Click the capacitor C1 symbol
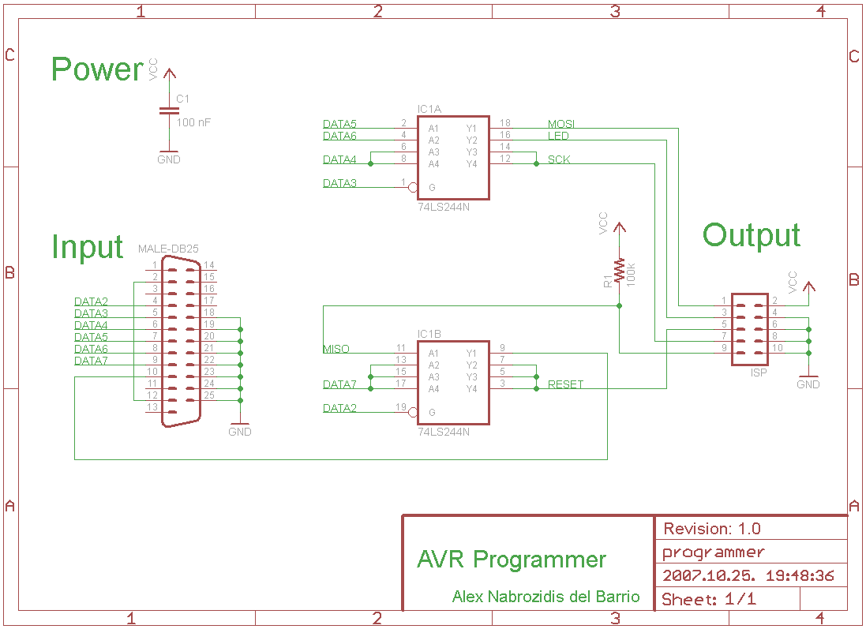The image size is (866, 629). [x=169, y=111]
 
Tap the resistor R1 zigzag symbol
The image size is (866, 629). [x=620, y=271]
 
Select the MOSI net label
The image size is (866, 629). [x=561, y=124]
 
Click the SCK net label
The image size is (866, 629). [x=559, y=159]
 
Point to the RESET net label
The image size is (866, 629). [x=565, y=384]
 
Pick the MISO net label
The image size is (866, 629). [x=336, y=349]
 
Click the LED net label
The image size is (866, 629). [x=558, y=136]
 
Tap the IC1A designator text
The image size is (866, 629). [x=429, y=110]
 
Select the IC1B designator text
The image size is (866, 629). [x=429, y=334]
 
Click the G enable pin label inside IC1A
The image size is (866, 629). [x=432, y=188]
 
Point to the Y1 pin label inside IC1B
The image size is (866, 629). [x=471, y=354]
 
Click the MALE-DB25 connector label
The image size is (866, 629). [x=168, y=249]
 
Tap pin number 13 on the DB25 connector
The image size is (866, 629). [x=152, y=407]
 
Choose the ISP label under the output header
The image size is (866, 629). [x=759, y=373]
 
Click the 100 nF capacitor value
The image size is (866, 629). [x=193, y=122]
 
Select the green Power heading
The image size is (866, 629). [x=98, y=69]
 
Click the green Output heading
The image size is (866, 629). [x=751, y=236]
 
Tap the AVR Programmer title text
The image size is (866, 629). [x=512, y=560]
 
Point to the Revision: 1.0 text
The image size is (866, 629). [x=712, y=529]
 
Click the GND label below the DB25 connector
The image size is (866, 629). [x=240, y=432]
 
